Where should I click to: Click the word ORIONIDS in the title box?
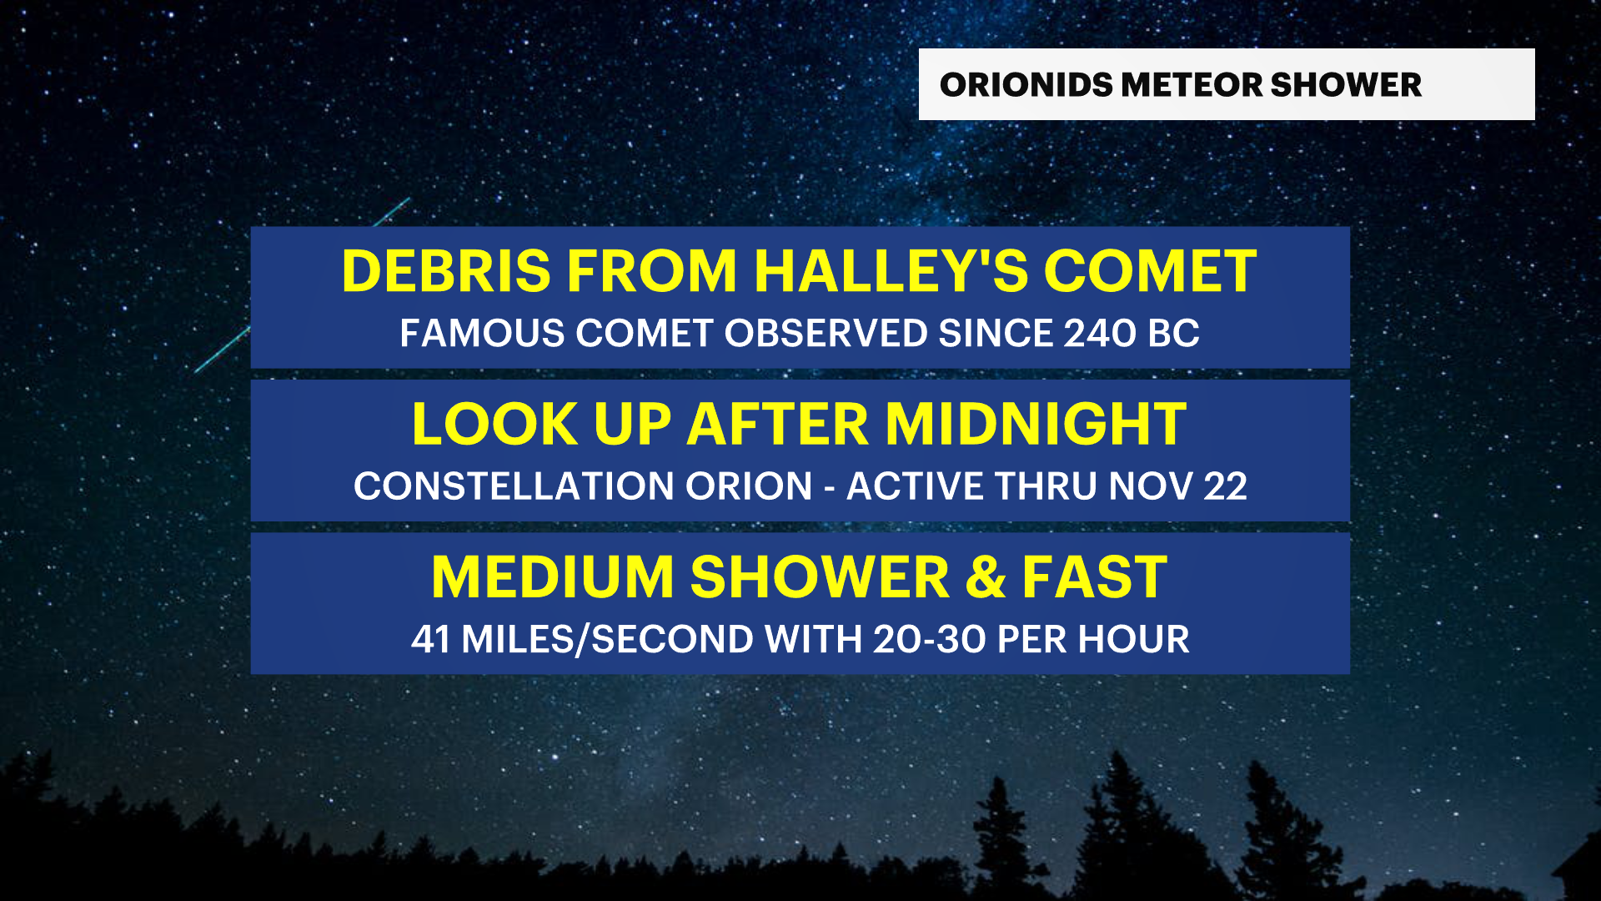1025,85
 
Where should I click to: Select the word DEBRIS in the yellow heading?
446,271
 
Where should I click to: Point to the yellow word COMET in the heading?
1150,271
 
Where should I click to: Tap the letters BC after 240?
1173,334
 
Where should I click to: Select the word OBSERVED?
826,334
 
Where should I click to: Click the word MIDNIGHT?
1036,425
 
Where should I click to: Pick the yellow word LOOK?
494,425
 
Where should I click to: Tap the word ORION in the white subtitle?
749,486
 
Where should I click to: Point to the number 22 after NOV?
1224,486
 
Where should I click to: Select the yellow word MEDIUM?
552,577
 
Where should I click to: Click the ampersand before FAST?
986,577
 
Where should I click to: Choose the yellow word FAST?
1095,577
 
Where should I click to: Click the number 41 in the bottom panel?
430,640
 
